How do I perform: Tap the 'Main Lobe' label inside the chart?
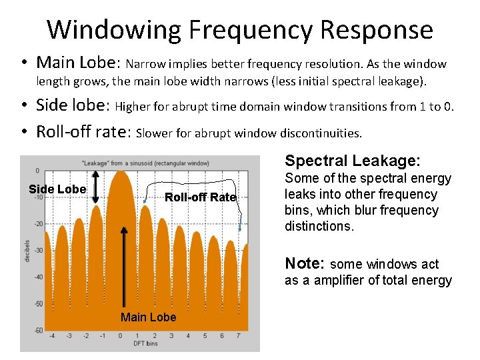coord(148,317)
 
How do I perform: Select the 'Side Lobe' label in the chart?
coord(57,189)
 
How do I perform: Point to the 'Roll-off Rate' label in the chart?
coord(200,197)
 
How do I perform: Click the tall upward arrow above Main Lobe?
coord(124,267)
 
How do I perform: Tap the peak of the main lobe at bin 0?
coord(121,173)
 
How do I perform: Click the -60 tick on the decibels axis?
coord(39,330)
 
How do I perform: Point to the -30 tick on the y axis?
coord(39,250)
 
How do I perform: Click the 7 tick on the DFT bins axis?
coord(239,336)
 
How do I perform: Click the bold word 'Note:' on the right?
coord(305,263)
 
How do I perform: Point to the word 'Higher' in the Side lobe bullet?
coord(131,106)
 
